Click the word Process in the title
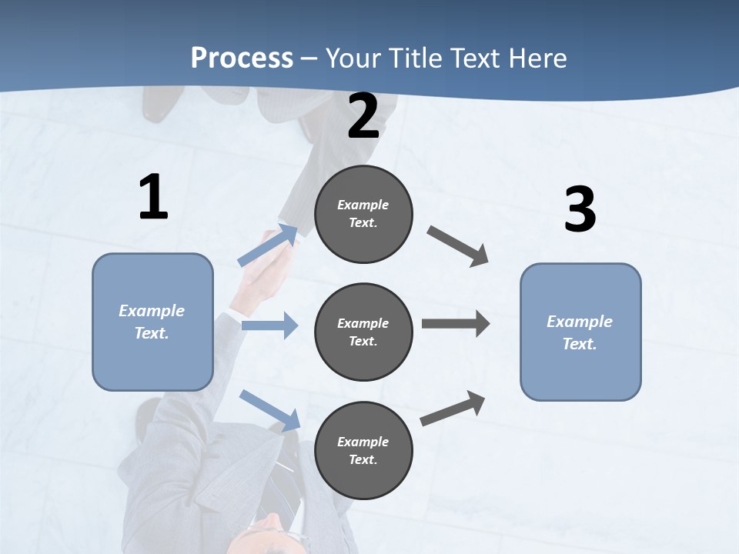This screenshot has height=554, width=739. click(x=242, y=58)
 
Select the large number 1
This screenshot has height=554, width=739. click(x=153, y=198)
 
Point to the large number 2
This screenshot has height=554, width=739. click(x=363, y=117)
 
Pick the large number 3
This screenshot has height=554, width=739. click(x=580, y=210)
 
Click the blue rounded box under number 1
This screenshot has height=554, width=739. click(x=152, y=322)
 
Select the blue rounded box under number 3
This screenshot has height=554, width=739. click(x=580, y=332)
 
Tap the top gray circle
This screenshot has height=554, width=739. click(x=363, y=214)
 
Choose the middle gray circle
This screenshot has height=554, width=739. click(x=363, y=332)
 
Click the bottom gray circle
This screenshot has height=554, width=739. click(x=363, y=450)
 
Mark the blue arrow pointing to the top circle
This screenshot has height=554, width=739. click(x=268, y=245)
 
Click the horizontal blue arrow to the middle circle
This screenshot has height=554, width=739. click(x=269, y=325)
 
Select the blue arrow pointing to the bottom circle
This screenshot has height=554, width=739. click(x=269, y=410)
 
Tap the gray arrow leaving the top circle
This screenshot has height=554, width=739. click(x=458, y=245)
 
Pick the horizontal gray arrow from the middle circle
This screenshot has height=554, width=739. click(x=455, y=324)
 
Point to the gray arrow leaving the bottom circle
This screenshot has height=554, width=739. click(x=453, y=409)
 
